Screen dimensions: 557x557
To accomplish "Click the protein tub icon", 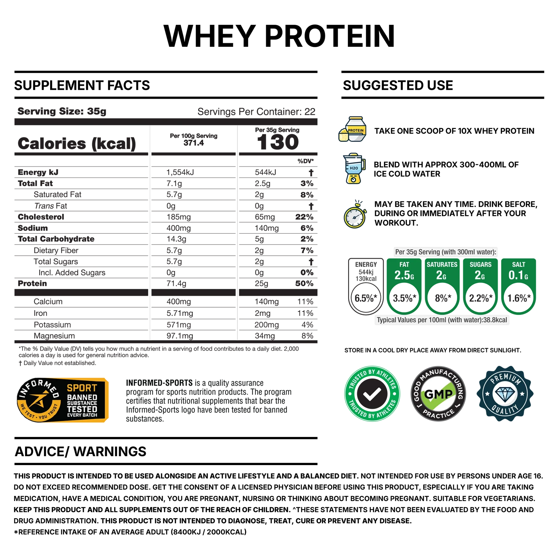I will pos(353,129).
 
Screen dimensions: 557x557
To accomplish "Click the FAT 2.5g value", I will pos(404,275).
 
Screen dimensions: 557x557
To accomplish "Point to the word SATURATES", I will pos(442,265).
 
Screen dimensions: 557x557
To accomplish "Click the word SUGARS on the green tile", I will pos(480,265).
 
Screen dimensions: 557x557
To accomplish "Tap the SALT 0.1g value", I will pos(518,275).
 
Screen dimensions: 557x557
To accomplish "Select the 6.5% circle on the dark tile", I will pos(366,298).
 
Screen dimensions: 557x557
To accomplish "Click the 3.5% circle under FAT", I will pos(404,298).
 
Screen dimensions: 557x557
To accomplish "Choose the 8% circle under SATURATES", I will pos(442,298).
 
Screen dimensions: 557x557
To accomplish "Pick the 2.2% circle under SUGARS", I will pos(480,298).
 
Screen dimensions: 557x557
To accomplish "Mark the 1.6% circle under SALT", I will pos(519,298).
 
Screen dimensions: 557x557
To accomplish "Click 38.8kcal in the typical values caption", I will pos(495,320).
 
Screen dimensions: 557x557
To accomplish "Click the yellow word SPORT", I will pos(82,388).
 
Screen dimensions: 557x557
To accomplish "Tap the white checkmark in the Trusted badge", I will pos(372,394).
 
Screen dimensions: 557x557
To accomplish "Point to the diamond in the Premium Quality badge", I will pos(505,393).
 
